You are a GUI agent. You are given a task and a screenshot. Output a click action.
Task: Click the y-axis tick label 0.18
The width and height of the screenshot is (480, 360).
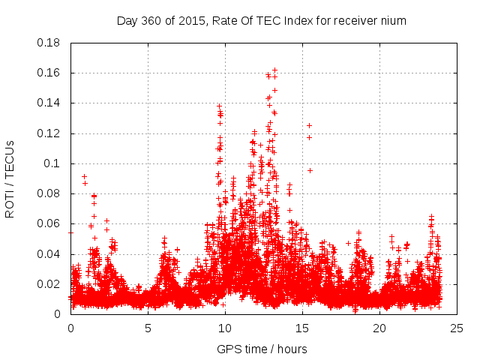click(x=50, y=43)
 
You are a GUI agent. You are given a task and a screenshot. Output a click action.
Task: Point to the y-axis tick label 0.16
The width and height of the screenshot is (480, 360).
click(x=50, y=73)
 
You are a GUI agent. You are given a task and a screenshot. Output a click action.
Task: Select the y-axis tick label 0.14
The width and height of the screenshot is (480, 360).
click(x=50, y=103)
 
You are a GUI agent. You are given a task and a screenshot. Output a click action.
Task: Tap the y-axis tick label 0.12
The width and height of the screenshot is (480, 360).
click(x=50, y=133)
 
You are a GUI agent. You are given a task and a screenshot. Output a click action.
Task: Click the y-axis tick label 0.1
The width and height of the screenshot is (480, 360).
click(x=53, y=163)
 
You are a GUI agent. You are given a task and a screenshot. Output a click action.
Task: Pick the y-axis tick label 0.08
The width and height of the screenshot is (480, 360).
click(x=50, y=193)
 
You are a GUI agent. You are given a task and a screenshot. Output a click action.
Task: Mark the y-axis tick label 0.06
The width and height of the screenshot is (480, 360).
click(x=50, y=223)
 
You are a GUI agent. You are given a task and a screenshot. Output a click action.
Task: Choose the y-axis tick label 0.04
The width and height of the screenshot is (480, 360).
click(x=50, y=254)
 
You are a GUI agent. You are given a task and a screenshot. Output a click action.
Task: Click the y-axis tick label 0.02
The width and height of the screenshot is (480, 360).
click(x=50, y=284)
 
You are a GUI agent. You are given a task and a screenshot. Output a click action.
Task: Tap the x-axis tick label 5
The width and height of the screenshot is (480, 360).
click(x=148, y=328)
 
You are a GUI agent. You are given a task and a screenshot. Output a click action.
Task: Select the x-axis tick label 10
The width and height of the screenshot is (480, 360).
click(x=225, y=328)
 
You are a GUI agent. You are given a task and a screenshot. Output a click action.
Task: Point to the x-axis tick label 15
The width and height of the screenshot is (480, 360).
click(x=302, y=328)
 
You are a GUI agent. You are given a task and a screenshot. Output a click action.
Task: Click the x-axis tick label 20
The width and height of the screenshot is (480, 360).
click(x=379, y=328)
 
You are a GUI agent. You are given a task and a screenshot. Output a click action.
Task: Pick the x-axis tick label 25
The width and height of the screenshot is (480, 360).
click(x=457, y=328)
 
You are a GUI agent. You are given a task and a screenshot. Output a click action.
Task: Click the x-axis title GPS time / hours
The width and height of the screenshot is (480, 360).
click(x=262, y=349)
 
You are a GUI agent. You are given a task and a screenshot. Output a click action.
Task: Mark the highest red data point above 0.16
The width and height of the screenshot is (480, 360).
click(x=274, y=70)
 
